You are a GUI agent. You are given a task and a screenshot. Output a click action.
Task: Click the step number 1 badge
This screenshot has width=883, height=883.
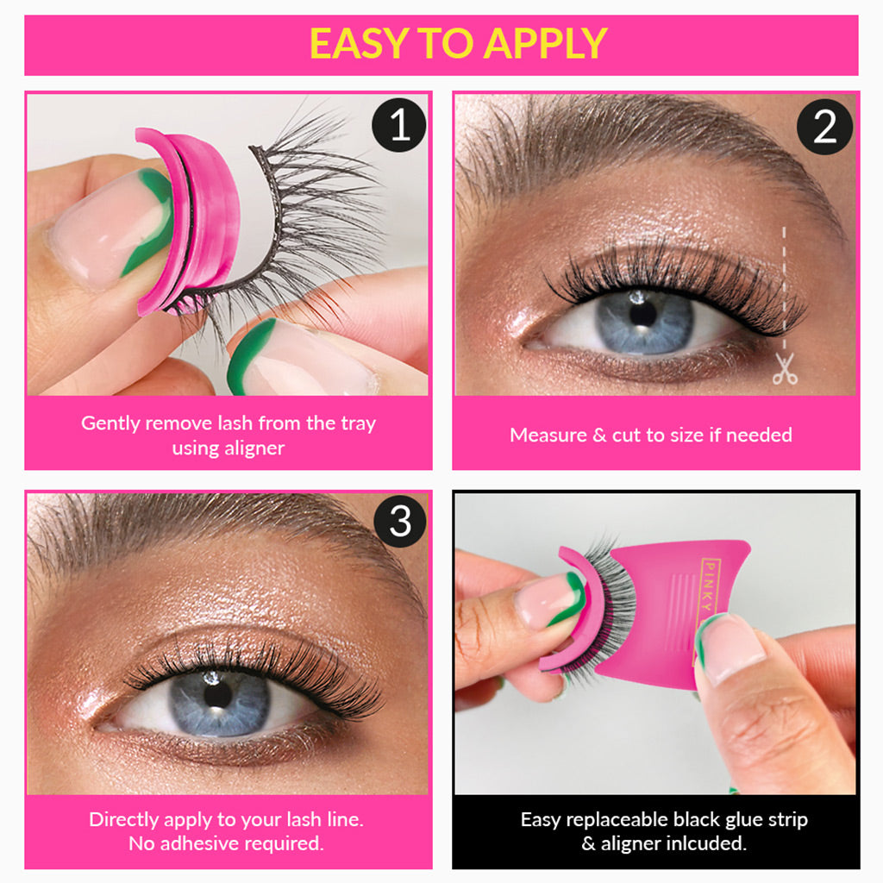point(399,126)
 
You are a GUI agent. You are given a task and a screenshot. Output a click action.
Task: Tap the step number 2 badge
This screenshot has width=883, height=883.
point(824,127)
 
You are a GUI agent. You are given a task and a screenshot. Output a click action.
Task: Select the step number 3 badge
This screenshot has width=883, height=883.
point(399,521)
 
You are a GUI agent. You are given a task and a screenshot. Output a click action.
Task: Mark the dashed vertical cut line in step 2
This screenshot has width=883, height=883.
point(785,285)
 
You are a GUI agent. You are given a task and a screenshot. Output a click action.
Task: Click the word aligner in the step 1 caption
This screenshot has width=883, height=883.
point(254,448)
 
